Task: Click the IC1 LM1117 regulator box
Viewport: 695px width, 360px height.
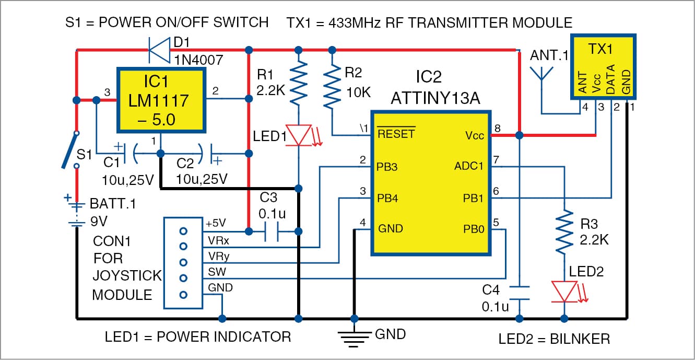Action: pyautogui.click(x=159, y=101)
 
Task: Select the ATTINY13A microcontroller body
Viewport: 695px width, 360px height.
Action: pyautogui.click(x=431, y=183)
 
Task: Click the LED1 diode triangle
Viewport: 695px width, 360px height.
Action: pyautogui.click(x=298, y=134)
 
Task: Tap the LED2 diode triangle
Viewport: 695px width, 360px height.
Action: pyautogui.click(x=564, y=292)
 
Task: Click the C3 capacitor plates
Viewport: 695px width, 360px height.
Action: pyautogui.click(x=273, y=231)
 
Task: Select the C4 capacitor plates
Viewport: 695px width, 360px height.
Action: pyautogui.click(x=520, y=293)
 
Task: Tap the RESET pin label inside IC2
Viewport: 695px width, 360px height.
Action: pyautogui.click(x=396, y=134)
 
